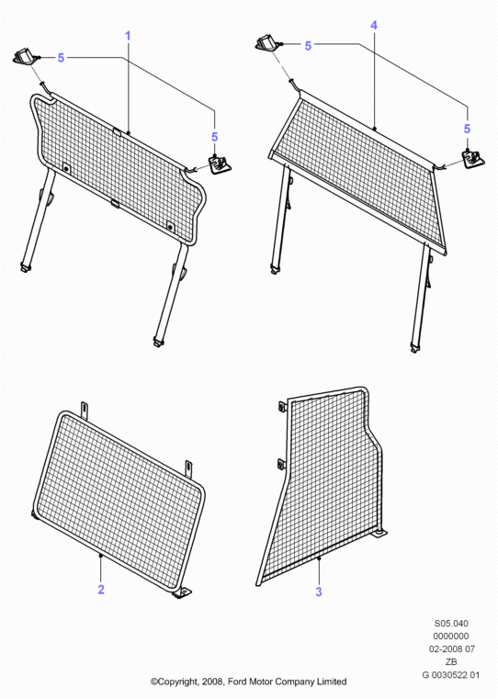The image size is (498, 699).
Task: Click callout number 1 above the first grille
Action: pos(128,36)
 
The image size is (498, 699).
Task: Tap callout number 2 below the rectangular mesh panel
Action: pos(101,590)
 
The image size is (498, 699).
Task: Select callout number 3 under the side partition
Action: pos(319,592)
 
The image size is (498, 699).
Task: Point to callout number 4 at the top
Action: pos(374,26)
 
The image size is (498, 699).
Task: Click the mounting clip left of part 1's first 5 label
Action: pos(26,58)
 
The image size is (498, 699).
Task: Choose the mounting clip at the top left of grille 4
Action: pos(269,44)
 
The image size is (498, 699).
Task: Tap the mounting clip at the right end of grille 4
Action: pos(473,159)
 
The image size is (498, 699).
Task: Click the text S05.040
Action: pos(451,623)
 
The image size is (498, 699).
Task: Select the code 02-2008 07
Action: pos(452,649)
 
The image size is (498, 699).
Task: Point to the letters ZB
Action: pos(451,662)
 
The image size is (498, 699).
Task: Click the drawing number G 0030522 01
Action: pos(451,675)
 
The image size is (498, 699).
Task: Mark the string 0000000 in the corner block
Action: pos(451,637)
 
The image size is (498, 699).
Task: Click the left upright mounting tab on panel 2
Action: pos(85,411)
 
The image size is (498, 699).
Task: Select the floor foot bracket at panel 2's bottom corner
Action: pos(182,592)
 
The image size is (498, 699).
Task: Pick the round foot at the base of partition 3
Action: pos(379,532)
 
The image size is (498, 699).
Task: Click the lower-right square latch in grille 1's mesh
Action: pos(170,227)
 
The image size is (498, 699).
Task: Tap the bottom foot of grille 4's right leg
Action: pos(415,348)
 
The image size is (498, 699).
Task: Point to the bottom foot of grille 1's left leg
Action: pos(25,267)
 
